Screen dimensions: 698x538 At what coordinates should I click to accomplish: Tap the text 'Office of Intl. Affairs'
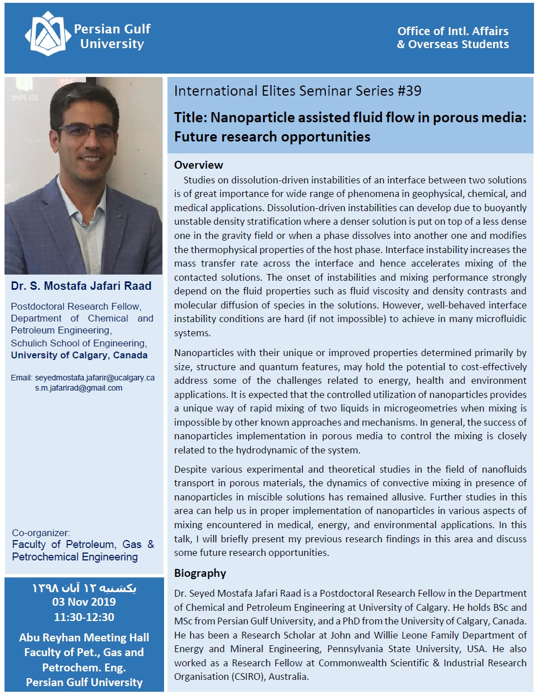click(x=453, y=31)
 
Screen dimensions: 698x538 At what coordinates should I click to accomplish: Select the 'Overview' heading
click(x=199, y=165)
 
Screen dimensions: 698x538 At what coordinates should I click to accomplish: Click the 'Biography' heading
click(x=200, y=573)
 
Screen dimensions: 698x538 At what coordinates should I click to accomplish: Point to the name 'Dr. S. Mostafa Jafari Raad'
click(x=81, y=286)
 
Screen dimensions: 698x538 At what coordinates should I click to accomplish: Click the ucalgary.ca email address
click(x=94, y=377)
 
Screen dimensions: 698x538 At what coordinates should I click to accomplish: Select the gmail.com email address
click(x=79, y=388)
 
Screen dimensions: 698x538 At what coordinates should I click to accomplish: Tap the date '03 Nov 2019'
click(x=84, y=602)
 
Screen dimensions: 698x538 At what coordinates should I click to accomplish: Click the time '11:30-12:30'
click(x=84, y=616)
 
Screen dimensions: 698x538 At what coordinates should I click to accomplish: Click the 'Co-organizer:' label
click(x=41, y=533)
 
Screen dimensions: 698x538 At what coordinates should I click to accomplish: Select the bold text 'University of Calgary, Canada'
click(x=79, y=356)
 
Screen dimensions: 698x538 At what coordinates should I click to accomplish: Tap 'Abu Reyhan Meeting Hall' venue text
click(x=84, y=638)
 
